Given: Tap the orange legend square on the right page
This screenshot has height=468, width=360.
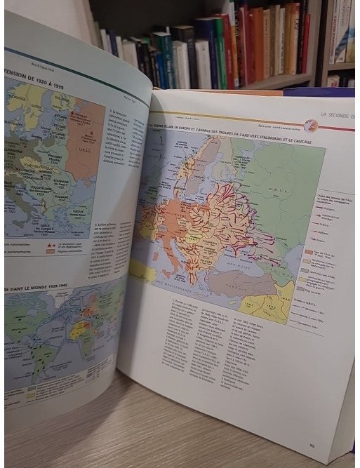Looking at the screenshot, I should click(309, 252).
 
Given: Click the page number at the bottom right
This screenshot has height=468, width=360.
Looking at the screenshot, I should click(312, 443).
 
